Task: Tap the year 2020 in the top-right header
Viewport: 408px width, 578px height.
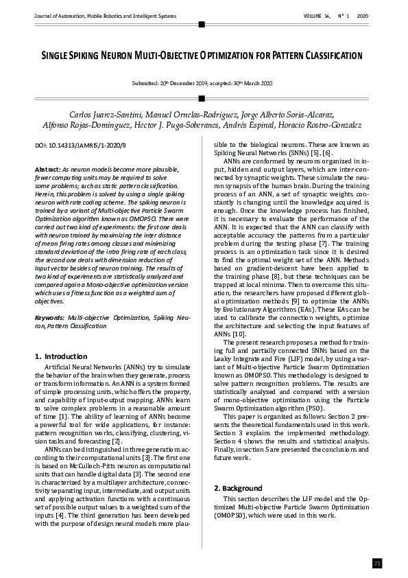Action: pyautogui.click(x=363, y=15)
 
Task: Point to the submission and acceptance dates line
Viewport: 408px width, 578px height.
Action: pyautogui.click(x=202, y=83)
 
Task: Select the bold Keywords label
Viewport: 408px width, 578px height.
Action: pyautogui.click(x=49, y=319)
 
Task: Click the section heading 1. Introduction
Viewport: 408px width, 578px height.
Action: pyautogui.click(x=60, y=357)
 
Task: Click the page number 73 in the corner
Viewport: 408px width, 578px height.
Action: pyautogui.click(x=377, y=563)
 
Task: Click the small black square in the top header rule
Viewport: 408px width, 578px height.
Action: pyautogui.click(x=201, y=24)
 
